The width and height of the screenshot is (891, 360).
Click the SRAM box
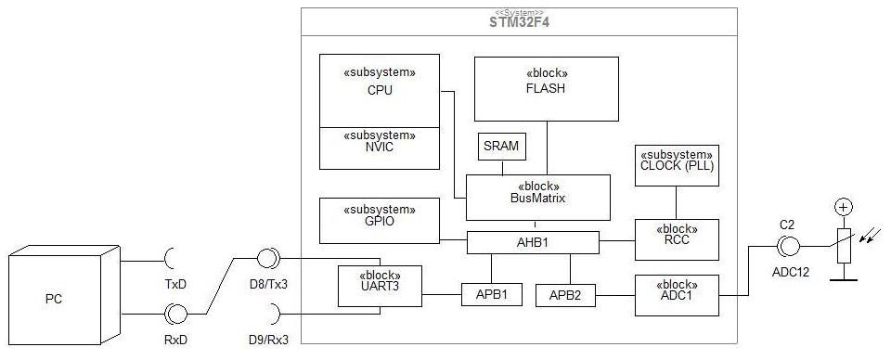tap(502, 147)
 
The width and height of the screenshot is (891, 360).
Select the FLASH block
tap(546, 88)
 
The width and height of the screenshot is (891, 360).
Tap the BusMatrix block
tap(537, 197)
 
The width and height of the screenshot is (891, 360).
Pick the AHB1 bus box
tap(533, 242)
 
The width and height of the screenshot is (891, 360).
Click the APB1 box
tap(491, 294)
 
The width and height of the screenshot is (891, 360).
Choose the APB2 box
tap(565, 295)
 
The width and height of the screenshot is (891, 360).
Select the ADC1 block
tap(677, 295)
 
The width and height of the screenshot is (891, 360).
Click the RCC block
tap(677, 239)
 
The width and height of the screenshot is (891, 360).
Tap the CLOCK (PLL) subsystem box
tap(677, 165)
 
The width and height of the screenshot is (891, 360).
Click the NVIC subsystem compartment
tap(380, 148)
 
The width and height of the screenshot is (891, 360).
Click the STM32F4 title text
tap(519, 22)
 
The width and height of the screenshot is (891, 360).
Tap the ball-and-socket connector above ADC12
tap(788, 247)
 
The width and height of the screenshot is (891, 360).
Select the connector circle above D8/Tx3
tap(268, 259)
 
